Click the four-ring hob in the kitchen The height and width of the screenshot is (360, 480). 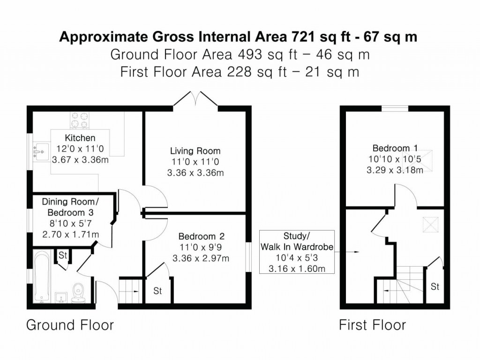pos(80,120)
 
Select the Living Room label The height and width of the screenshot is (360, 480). pos(195,151)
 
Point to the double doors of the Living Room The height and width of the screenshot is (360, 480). pos(195,99)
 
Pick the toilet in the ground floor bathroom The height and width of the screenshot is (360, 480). pos(78,292)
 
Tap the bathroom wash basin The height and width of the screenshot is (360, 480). pos(60,297)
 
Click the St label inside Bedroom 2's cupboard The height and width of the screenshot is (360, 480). pos(157,291)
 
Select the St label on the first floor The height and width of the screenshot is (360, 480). pos(435,286)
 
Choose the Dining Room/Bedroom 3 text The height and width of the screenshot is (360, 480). pos(71,207)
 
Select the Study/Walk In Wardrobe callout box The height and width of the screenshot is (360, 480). pos(296,252)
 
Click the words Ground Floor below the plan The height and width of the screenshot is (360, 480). pos(70,325)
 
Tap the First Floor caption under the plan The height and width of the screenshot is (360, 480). pos(372,325)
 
